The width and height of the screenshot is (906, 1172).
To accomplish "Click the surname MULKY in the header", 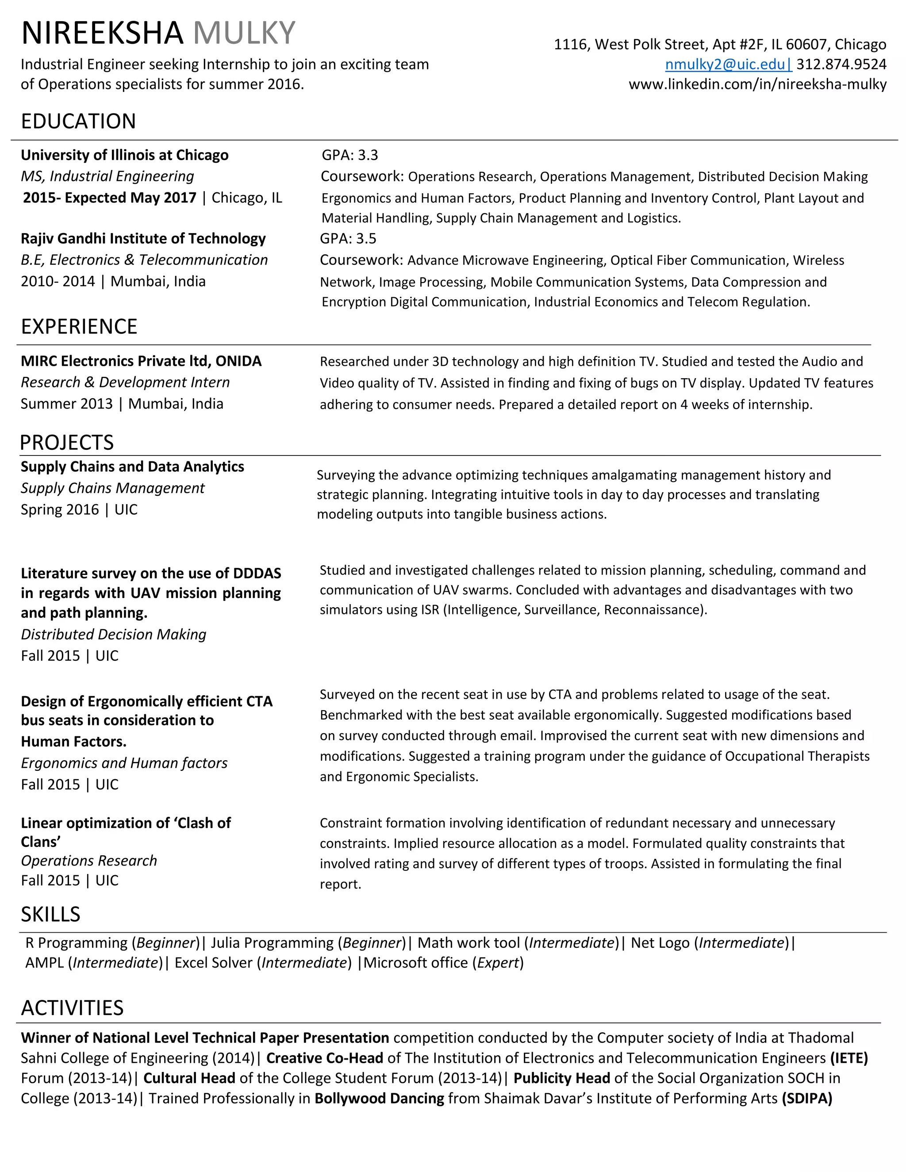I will [244, 33].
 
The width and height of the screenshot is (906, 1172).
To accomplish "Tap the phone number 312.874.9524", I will [841, 65].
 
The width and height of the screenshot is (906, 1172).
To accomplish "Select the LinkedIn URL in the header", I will [757, 84].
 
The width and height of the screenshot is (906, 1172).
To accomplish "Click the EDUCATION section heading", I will [78, 121].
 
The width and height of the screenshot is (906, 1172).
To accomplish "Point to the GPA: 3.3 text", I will [349, 155].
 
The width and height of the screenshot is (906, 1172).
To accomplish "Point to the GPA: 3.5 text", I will [348, 238].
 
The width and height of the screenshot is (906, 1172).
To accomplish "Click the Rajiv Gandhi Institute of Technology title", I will [143, 238].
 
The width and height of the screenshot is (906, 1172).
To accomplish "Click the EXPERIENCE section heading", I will [79, 326].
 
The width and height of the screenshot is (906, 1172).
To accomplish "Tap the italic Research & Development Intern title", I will [125, 382].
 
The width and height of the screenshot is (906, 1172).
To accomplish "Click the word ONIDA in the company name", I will [238, 360].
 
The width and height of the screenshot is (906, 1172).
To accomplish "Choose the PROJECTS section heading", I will [66, 443].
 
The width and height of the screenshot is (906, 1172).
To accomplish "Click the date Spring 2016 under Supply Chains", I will [60, 509].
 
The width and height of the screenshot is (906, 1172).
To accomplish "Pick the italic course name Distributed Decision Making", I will [113, 634].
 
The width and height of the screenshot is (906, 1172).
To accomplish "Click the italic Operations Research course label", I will [88, 861].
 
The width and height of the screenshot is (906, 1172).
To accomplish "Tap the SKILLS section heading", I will [50, 915].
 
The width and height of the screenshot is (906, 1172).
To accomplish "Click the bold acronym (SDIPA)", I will [807, 1099].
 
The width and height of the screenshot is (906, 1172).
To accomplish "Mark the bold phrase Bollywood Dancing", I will [379, 1099].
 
